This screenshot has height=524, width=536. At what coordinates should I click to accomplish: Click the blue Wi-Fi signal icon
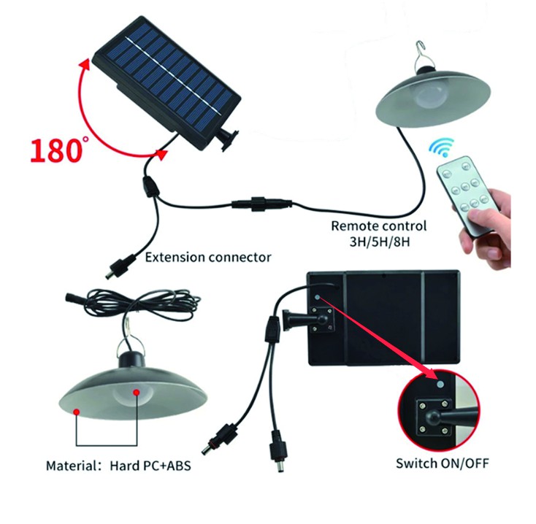point(441,149)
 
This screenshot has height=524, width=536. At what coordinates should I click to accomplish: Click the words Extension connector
point(208,257)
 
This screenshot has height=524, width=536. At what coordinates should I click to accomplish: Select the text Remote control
point(378,226)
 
